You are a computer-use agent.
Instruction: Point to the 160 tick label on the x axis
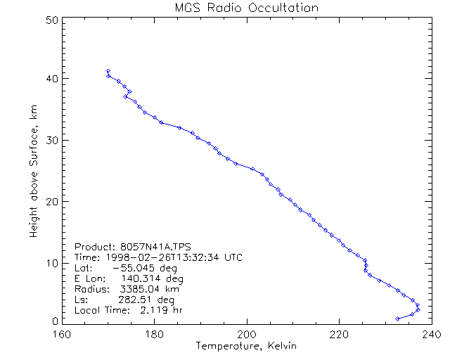(x=63, y=333)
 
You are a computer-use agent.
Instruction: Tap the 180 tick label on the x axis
(x=155, y=333)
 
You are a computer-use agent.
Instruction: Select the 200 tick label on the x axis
(x=247, y=333)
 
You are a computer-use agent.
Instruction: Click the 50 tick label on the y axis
(x=50, y=20)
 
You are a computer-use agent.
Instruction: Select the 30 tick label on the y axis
(x=50, y=140)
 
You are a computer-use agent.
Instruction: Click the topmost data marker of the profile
(x=108, y=71)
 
